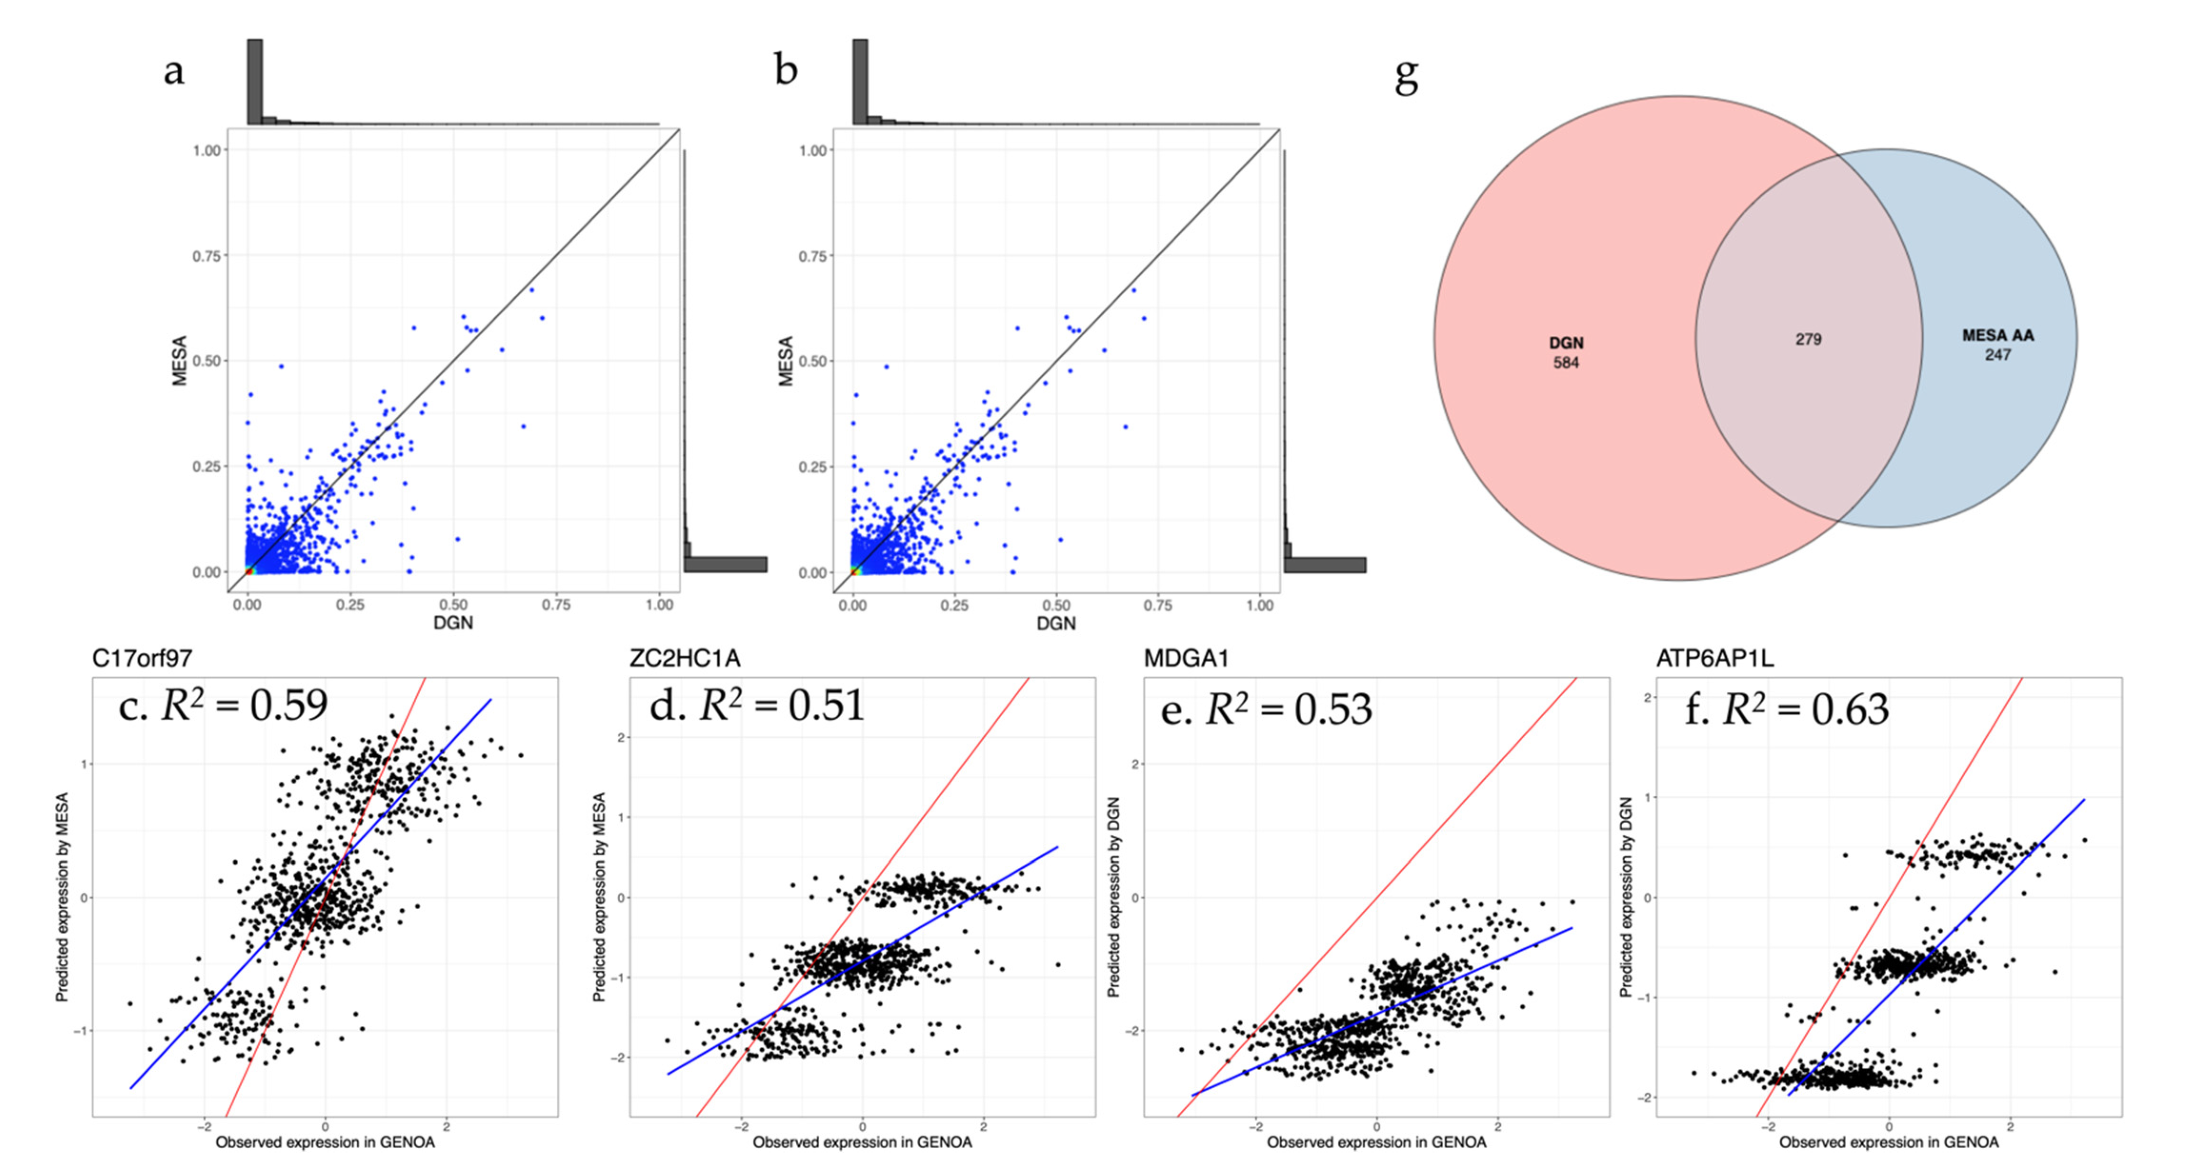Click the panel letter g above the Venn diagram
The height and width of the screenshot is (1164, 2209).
pyautogui.click(x=1406, y=77)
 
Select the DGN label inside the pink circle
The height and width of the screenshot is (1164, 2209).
pyautogui.click(x=1566, y=343)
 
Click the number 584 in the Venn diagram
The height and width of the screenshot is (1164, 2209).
pyautogui.click(x=1566, y=363)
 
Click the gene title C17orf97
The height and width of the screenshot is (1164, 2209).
pyautogui.click(x=142, y=659)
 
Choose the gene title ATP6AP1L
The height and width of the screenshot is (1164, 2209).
pyautogui.click(x=1715, y=659)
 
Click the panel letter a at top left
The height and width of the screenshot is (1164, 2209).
pyautogui.click(x=173, y=71)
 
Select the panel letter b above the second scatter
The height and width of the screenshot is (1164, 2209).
pyautogui.click(x=785, y=71)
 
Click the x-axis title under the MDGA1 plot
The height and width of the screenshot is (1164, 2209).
pyautogui.click(x=1376, y=1143)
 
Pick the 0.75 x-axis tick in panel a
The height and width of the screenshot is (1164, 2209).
pyautogui.click(x=556, y=605)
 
